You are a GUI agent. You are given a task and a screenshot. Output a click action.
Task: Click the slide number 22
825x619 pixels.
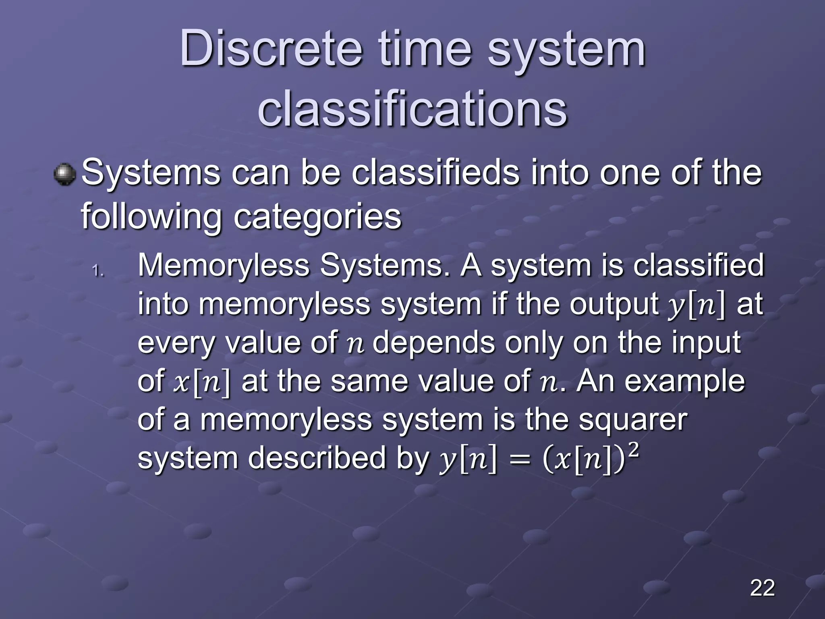[x=762, y=588]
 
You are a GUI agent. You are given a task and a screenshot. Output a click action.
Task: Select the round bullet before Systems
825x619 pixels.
[x=64, y=174]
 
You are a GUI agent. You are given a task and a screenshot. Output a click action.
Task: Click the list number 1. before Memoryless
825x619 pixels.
[x=98, y=270]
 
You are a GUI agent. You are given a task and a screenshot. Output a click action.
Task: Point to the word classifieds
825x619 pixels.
[x=435, y=173]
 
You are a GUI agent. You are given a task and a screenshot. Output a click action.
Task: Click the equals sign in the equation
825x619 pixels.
[x=520, y=461]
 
